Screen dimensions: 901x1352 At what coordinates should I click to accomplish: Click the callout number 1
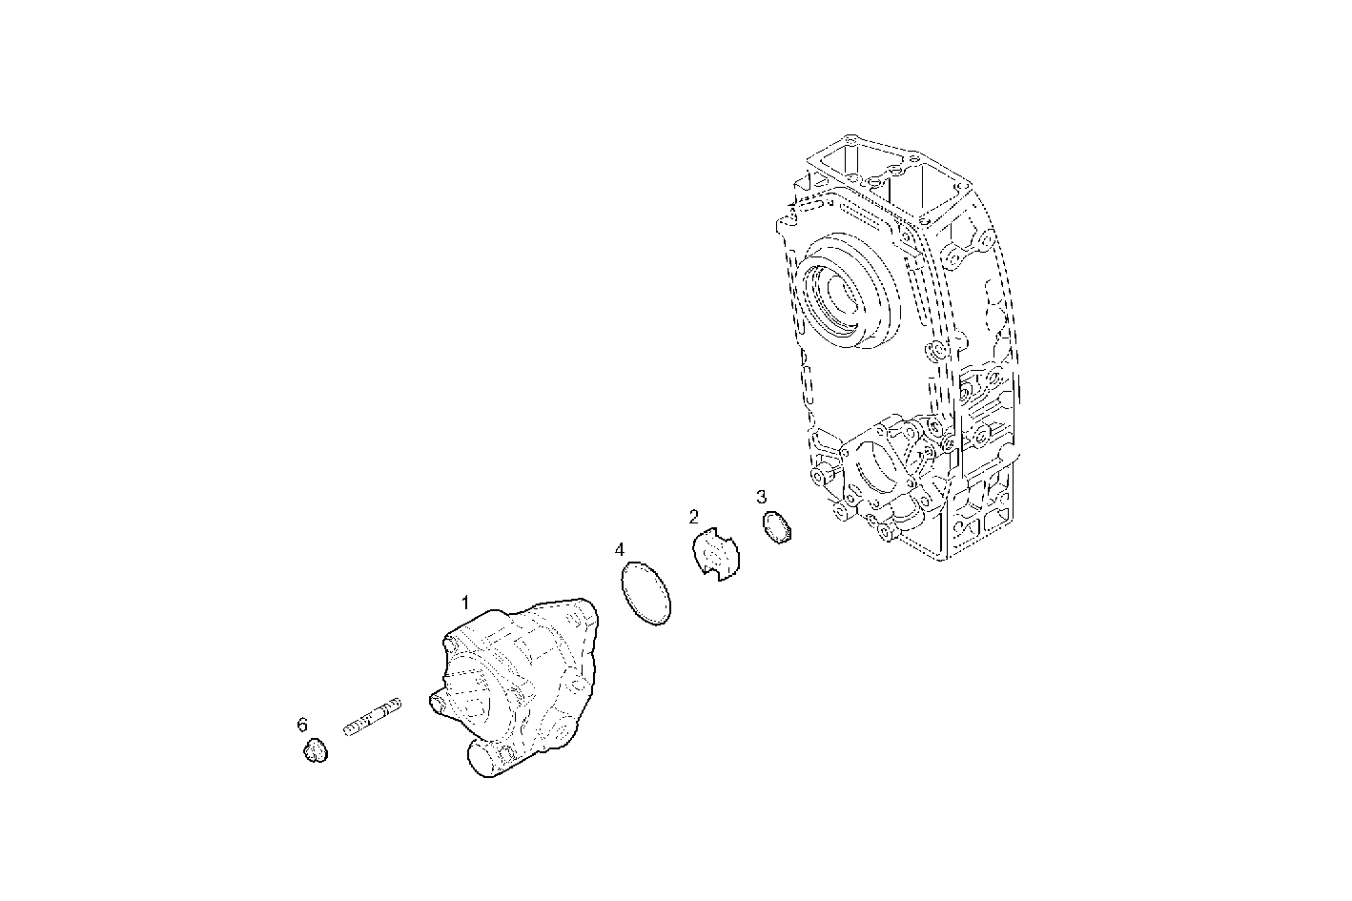coord(465,603)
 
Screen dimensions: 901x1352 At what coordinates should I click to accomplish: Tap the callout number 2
coord(694,518)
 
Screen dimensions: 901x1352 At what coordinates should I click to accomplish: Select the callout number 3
coord(761,497)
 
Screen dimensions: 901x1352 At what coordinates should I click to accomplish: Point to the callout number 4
coord(620,550)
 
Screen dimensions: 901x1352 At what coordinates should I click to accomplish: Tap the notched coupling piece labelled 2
coord(716,555)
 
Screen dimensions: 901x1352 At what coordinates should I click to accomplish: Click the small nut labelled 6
coord(315,752)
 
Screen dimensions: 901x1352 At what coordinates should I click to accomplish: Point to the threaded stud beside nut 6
coord(373,717)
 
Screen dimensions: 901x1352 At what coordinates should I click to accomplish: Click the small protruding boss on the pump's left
coord(440,703)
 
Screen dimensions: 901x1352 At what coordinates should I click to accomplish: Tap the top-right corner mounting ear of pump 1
coord(583,607)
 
